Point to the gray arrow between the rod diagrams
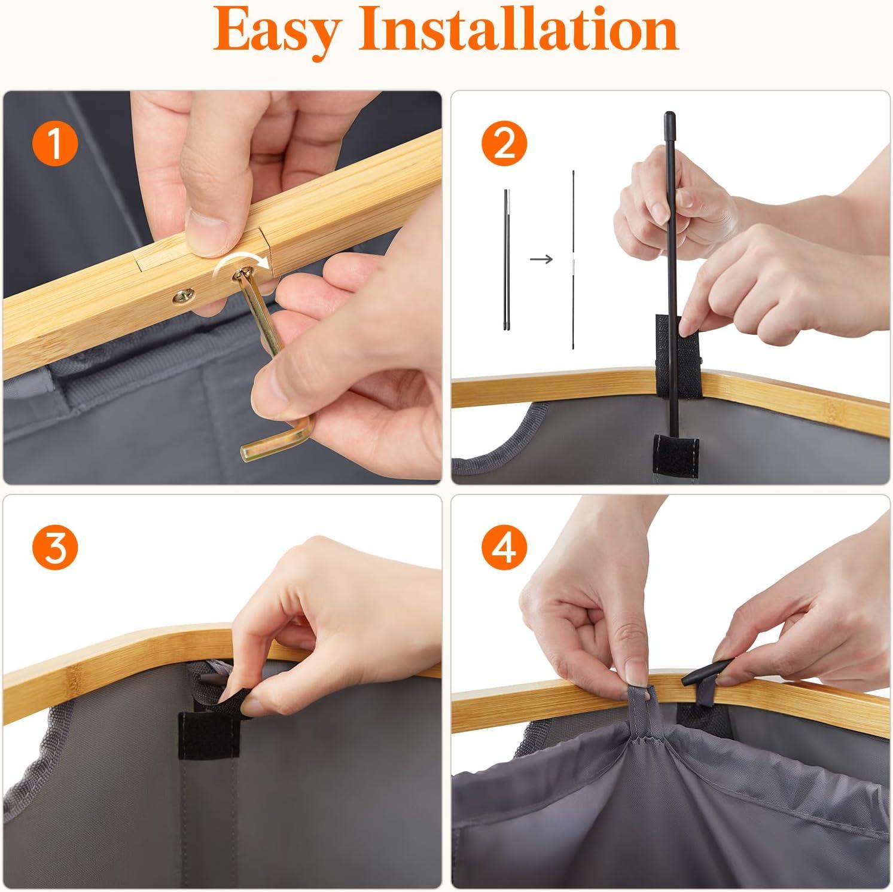click(x=542, y=259)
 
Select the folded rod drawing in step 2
click(x=507, y=259)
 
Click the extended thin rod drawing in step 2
click(x=574, y=260)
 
